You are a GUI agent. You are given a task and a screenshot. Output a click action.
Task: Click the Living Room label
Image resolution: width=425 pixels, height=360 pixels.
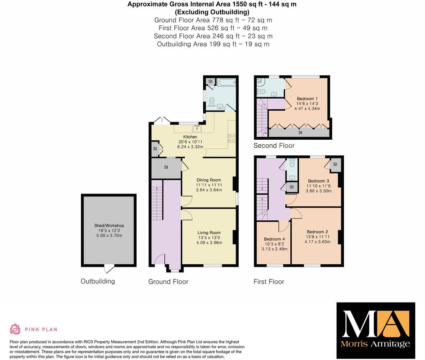coord(209,232)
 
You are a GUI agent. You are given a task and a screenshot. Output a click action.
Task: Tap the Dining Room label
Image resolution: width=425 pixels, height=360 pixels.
coord(209,180)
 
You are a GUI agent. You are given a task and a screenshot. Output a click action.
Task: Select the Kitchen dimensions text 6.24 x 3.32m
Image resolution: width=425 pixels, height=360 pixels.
coord(190,147)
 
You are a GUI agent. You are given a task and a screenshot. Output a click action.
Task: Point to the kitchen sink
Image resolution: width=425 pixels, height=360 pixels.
coord(197,128)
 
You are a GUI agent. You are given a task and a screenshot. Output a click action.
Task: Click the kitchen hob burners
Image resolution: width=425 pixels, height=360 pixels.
coord(232,138)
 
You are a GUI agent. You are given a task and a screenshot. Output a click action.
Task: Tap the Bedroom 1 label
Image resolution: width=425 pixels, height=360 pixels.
coord(307,99)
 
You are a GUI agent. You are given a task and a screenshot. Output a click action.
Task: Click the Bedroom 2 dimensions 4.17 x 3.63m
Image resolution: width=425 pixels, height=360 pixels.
coord(317,242)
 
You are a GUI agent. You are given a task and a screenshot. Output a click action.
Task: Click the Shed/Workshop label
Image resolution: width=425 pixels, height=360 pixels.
coord(109,225)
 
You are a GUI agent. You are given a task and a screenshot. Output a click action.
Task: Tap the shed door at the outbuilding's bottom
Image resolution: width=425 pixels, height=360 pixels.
coord(109,269)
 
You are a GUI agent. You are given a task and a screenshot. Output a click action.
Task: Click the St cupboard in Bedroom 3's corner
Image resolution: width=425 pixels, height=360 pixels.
coord(335,164)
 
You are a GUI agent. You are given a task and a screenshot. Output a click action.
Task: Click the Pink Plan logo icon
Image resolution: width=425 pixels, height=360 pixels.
coord(15,329)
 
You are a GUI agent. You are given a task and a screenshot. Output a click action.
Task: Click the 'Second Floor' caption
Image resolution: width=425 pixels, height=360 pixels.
coord(274,145)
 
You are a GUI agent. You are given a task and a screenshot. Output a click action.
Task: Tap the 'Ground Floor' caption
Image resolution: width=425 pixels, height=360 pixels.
coord(168,281)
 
